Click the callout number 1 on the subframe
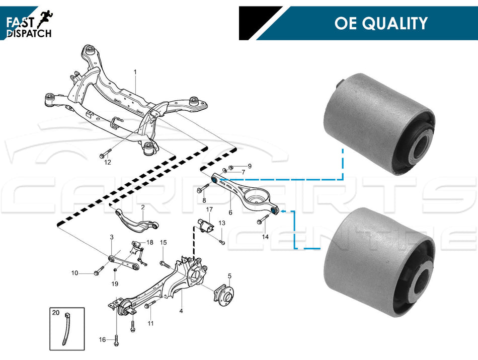click(135, 73)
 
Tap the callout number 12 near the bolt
click(107, 163)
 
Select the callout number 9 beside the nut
click(249, 166)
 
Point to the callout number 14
click(265, 236)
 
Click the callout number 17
click(210, 209)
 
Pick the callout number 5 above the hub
click(229, 276)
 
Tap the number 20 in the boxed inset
click(56, 313)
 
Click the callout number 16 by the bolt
click(103, 340)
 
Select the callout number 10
click(74, 273)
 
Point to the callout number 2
click(143, 207)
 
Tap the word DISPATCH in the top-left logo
click(29, 33)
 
